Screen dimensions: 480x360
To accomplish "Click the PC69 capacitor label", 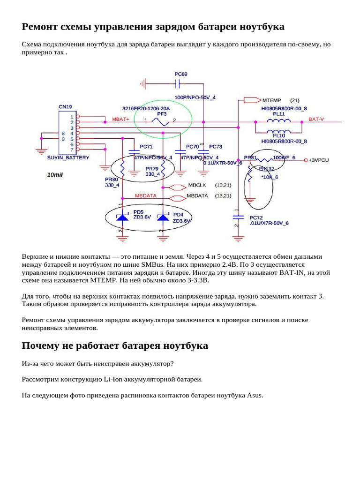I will (180, 74).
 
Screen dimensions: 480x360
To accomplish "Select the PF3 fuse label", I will (162, 113).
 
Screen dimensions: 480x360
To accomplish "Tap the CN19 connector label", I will (65, 107).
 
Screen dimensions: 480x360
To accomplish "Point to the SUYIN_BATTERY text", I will (68, 158).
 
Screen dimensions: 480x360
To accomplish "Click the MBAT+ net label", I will (120, 120).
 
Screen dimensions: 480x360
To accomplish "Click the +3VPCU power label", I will (319, 160).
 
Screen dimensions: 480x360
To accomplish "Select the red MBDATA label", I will (146, 195).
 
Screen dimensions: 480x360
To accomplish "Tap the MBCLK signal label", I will (197, 186).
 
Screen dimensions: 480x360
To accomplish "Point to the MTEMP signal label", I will (272, 100).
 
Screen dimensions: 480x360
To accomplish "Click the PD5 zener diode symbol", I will (122, 217).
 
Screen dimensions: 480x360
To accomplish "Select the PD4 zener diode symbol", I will (163, 217).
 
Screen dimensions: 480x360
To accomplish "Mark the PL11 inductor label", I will (279, 114).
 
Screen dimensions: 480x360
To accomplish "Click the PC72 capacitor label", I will (256, 218).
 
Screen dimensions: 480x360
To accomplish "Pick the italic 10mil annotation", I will (55, 175).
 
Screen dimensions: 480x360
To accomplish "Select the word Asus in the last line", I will (255, 395).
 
